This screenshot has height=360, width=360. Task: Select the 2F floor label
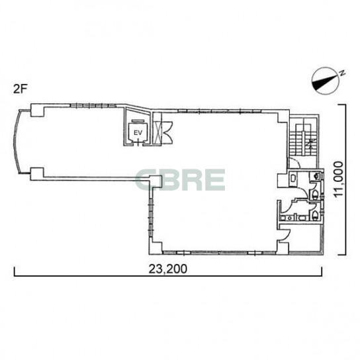19,89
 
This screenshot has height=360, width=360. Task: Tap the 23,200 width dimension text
167,269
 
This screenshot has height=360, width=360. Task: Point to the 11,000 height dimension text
338,179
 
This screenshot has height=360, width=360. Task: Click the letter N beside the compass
342,73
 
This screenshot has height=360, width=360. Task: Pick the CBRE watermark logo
180,179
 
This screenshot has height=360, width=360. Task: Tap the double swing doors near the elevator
167,132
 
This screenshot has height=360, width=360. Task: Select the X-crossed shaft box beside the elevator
159,133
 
